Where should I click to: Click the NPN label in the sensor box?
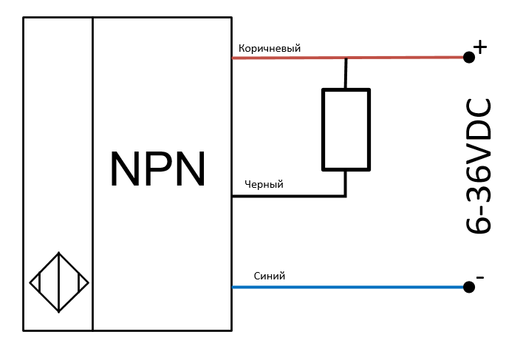(x=157, y=169)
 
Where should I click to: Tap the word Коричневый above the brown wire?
(x=270, y=48)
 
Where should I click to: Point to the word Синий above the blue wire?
(x=269, y=276)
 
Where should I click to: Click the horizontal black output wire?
(x=288, y=197)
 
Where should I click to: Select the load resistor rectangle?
(x=345, y=129)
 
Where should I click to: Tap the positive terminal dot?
(x=468, y=57)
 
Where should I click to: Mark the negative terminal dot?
(x=468, y=287)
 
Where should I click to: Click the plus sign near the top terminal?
(x=480, y=47)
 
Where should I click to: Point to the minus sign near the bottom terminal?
(x=480, y=278)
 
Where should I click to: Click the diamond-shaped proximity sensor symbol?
(x=59, y=282)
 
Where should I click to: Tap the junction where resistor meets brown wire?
(x=345, y=58)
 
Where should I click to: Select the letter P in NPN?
(x=157, y=169)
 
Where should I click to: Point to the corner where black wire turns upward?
(x=345, y=196)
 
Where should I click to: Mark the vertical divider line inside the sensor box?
(x=93, y=174)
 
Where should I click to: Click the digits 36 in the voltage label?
(x=479, y=181)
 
